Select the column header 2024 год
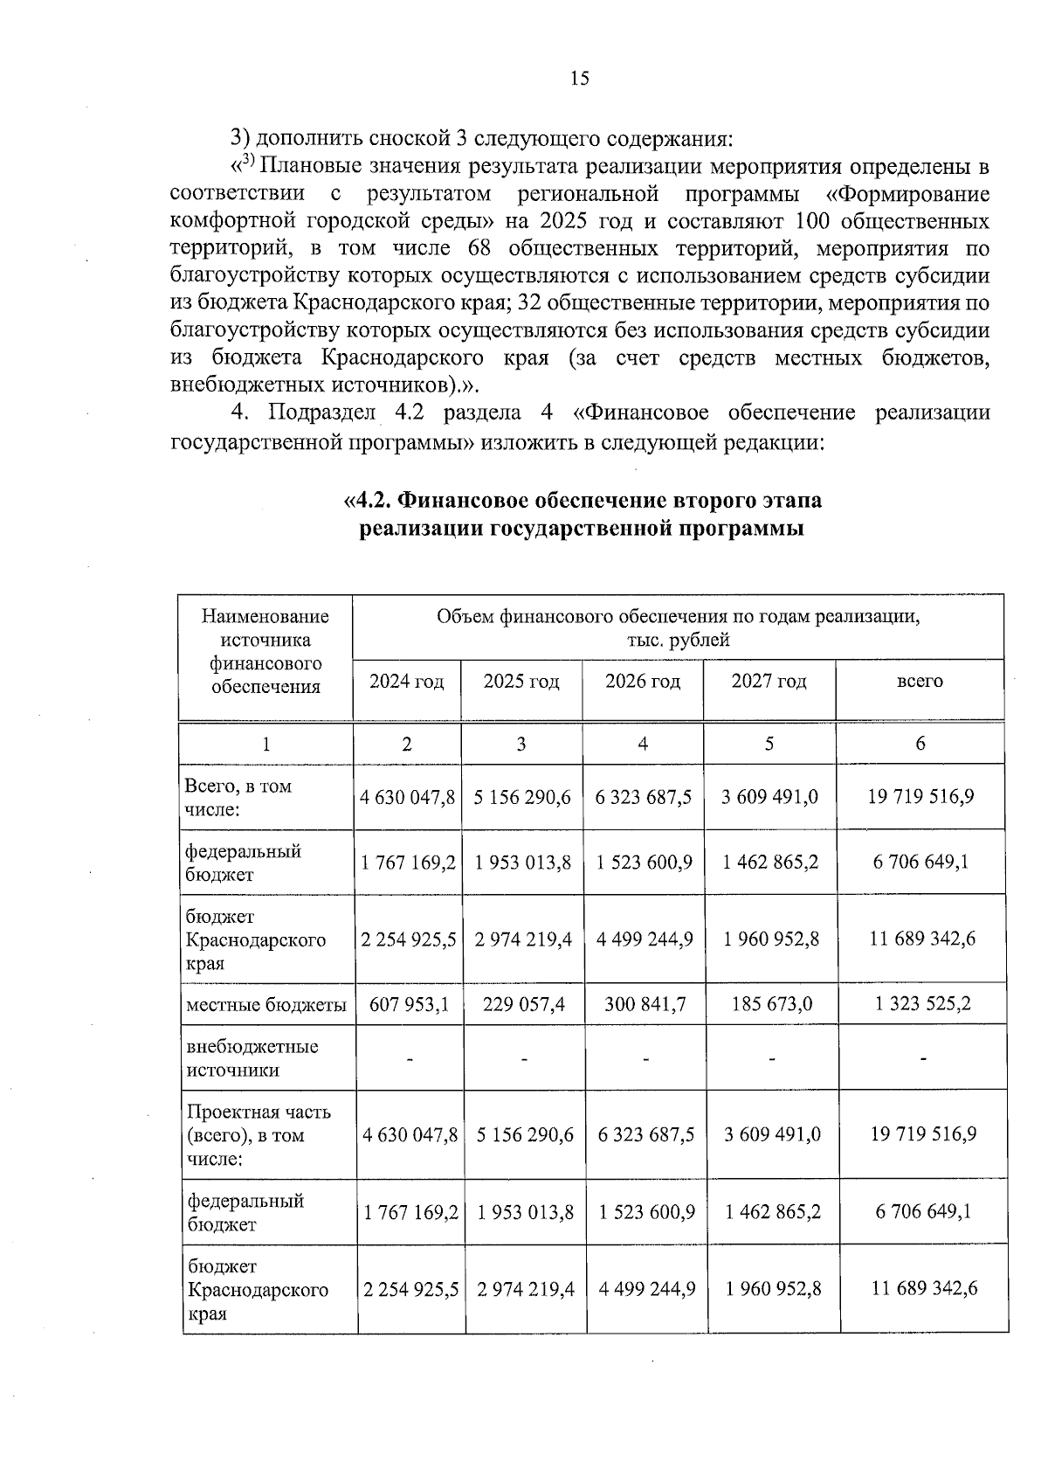click(x=406, y=682)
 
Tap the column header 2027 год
click(x=769, y=682)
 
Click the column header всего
click(x=920, y=682)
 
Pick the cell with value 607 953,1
click(x=409, y=1005)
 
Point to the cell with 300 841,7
click(x=645, y=1005)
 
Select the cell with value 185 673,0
click(x=771, y=1005)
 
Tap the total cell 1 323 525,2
click(x=922, y=1005)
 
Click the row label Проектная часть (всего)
click(x=259, y=1135)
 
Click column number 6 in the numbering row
click(x=920, y=744)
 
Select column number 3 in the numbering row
click(x=521, y=744)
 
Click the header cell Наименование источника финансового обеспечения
click(x=265, y=651)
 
